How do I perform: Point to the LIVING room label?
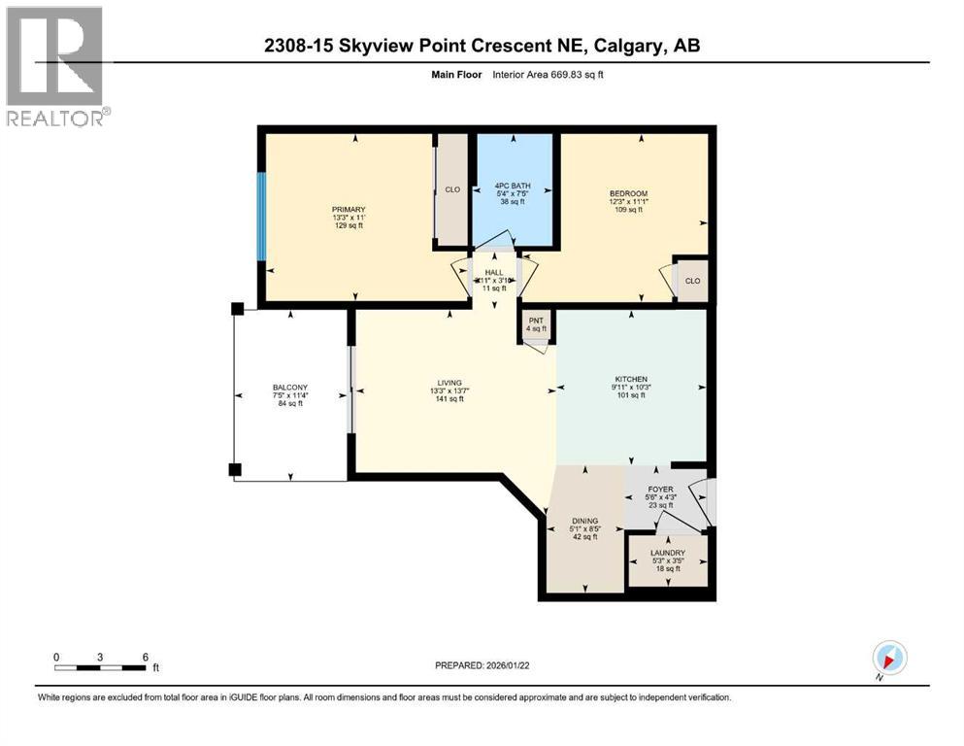coord(449,383)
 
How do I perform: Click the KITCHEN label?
coord(630,379)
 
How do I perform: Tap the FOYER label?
coord(661,490)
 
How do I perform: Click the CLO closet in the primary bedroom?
coord(452,189)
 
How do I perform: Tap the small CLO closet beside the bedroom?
coord(691,281)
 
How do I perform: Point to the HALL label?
coord(494,272)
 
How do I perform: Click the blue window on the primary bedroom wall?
coord(260,216)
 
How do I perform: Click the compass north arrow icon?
coord(888,657)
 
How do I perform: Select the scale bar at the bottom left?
coord(101,667)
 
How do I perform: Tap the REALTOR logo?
coord(55,66)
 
